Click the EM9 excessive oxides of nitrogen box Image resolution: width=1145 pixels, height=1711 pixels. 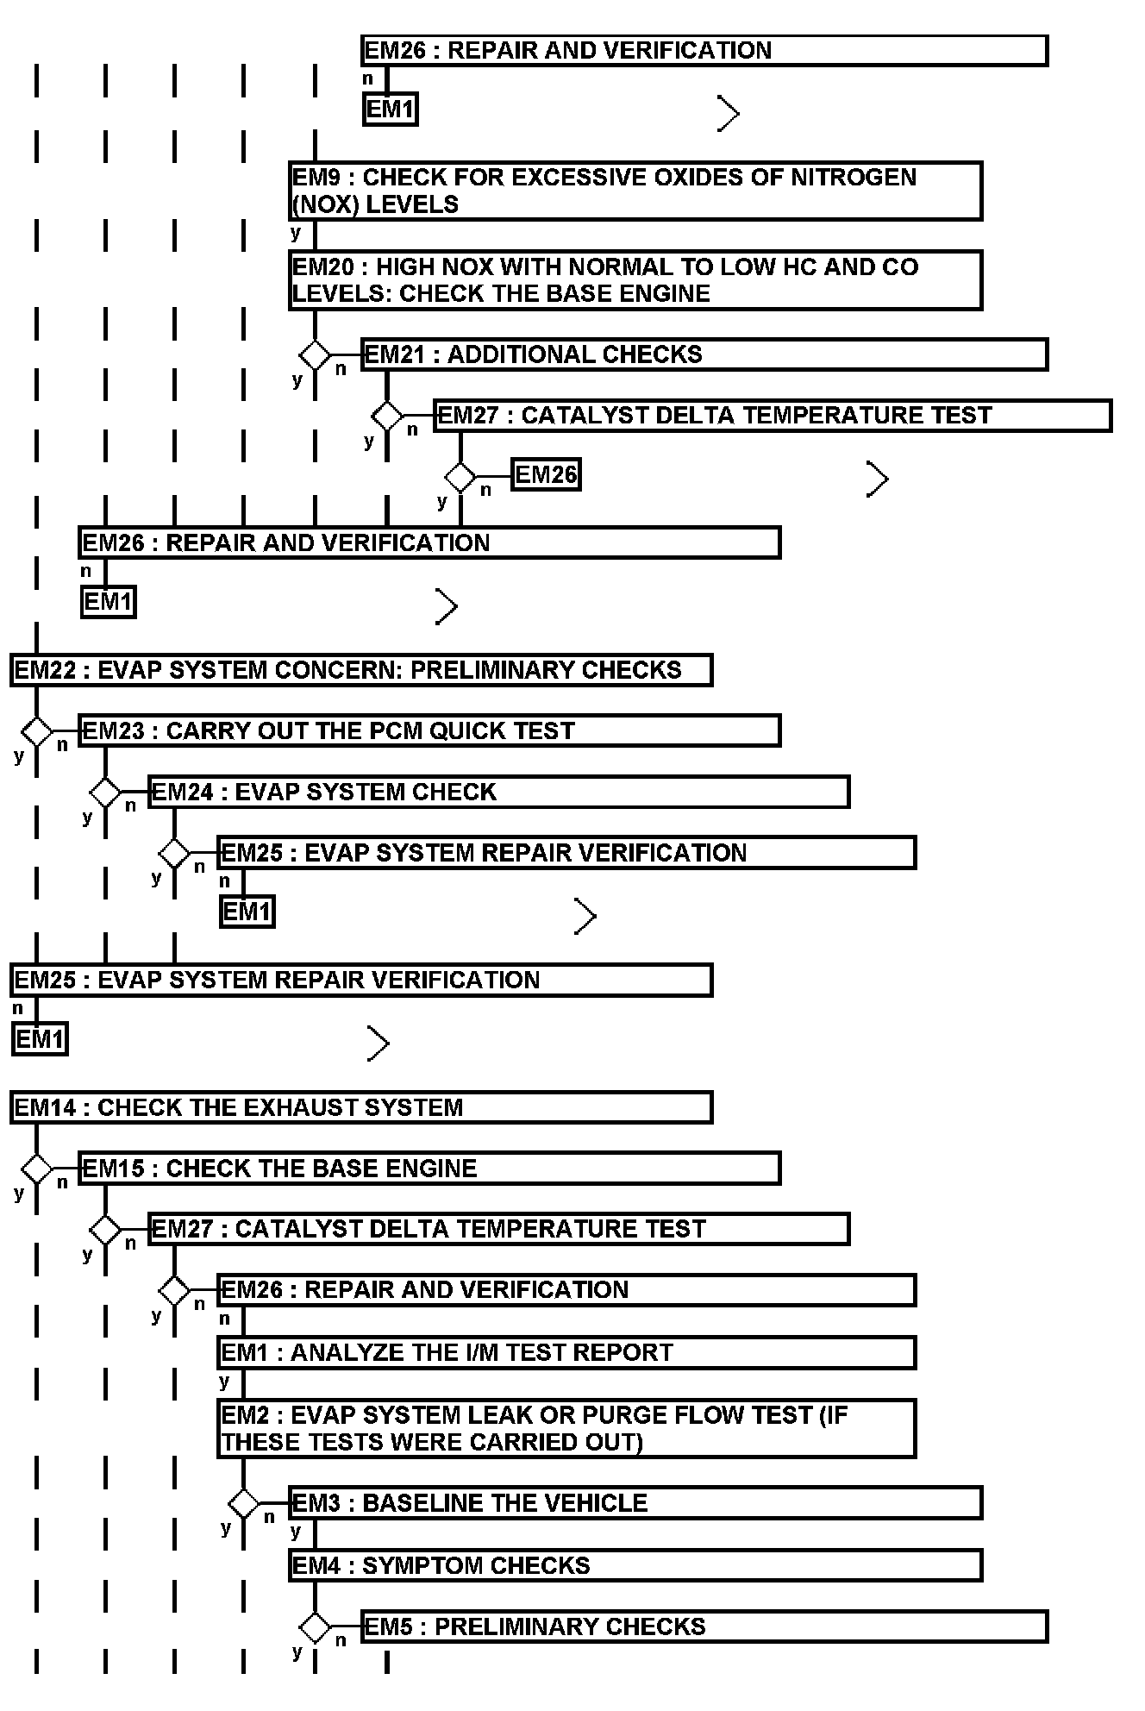pyautogui.click(x=635, y=191)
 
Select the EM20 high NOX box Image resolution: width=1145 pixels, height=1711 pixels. pyautogui.click(x=635, y=280)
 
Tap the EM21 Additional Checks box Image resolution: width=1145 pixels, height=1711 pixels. pyautogui.click(x=704, y=354)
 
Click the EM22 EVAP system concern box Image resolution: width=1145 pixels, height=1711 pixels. pyautogui.click(x=361, y=670)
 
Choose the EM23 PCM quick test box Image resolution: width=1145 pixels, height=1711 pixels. pyautogui.click(x=429, y=730)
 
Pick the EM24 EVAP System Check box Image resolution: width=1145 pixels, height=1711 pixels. pyautogui.click(x=498, y=792)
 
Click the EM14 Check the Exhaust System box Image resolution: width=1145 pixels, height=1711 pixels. pyautogui.click(x=361, y=1107)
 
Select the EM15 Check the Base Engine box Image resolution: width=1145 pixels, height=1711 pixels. pyautogui.click(x=429, y=1169)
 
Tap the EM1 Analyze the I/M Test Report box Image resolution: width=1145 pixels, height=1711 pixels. pyautogui.click(x=566, y=1352)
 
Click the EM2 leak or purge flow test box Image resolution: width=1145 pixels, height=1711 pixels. pyautogui.click(x=566, y=1428)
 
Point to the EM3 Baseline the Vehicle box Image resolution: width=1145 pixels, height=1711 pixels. pyautogui.click(x=635, y=1502)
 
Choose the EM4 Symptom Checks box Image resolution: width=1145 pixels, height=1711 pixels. pyautogui.click(x=635, y=1565)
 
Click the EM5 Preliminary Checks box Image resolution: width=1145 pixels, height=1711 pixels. pyautogui.click(x=704, y=1626)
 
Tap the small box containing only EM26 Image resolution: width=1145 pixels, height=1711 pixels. pyautogui.click(x=546, y=474)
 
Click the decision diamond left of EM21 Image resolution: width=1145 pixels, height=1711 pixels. pyautogui.click(x=315, y=354)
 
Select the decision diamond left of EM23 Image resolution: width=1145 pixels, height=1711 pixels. pyautogui.click(x=36, y=731)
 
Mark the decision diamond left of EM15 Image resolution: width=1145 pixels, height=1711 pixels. pyautogui.click(x=36, y=1169)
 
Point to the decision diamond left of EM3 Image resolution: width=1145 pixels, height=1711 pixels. pyautogui.click(x=244, y=1503)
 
